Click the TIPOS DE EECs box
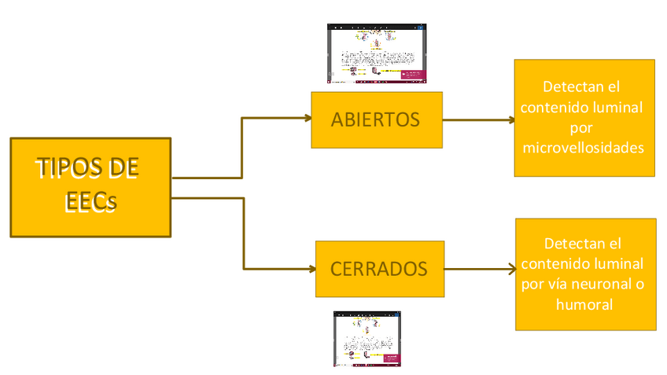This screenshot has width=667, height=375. point(90,187)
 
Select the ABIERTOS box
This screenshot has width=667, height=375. point(376,120)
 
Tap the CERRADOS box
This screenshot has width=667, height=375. point(379,269)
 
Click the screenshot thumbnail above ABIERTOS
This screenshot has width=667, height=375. point(377,53)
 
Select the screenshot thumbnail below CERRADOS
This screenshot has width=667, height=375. point(367,339)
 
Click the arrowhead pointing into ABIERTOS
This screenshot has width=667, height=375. point(306,119)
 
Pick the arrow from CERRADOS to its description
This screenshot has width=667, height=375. point(479,269)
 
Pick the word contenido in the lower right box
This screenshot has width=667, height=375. point(556,263)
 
